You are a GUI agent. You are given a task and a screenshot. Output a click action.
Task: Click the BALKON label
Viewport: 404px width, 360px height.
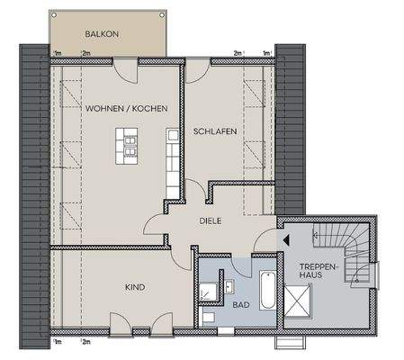(x=103, y=34)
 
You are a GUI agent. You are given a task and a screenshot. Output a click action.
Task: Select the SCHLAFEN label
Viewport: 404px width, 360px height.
(x=215, y=131)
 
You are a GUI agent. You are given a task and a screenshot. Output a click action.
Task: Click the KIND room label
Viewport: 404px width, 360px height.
(x=134, y=287)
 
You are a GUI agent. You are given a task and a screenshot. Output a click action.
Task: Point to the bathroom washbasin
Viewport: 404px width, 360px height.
(x=227, y=287)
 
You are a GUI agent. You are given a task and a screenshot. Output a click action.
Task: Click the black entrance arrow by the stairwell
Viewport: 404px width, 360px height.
(x=285, y=240)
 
